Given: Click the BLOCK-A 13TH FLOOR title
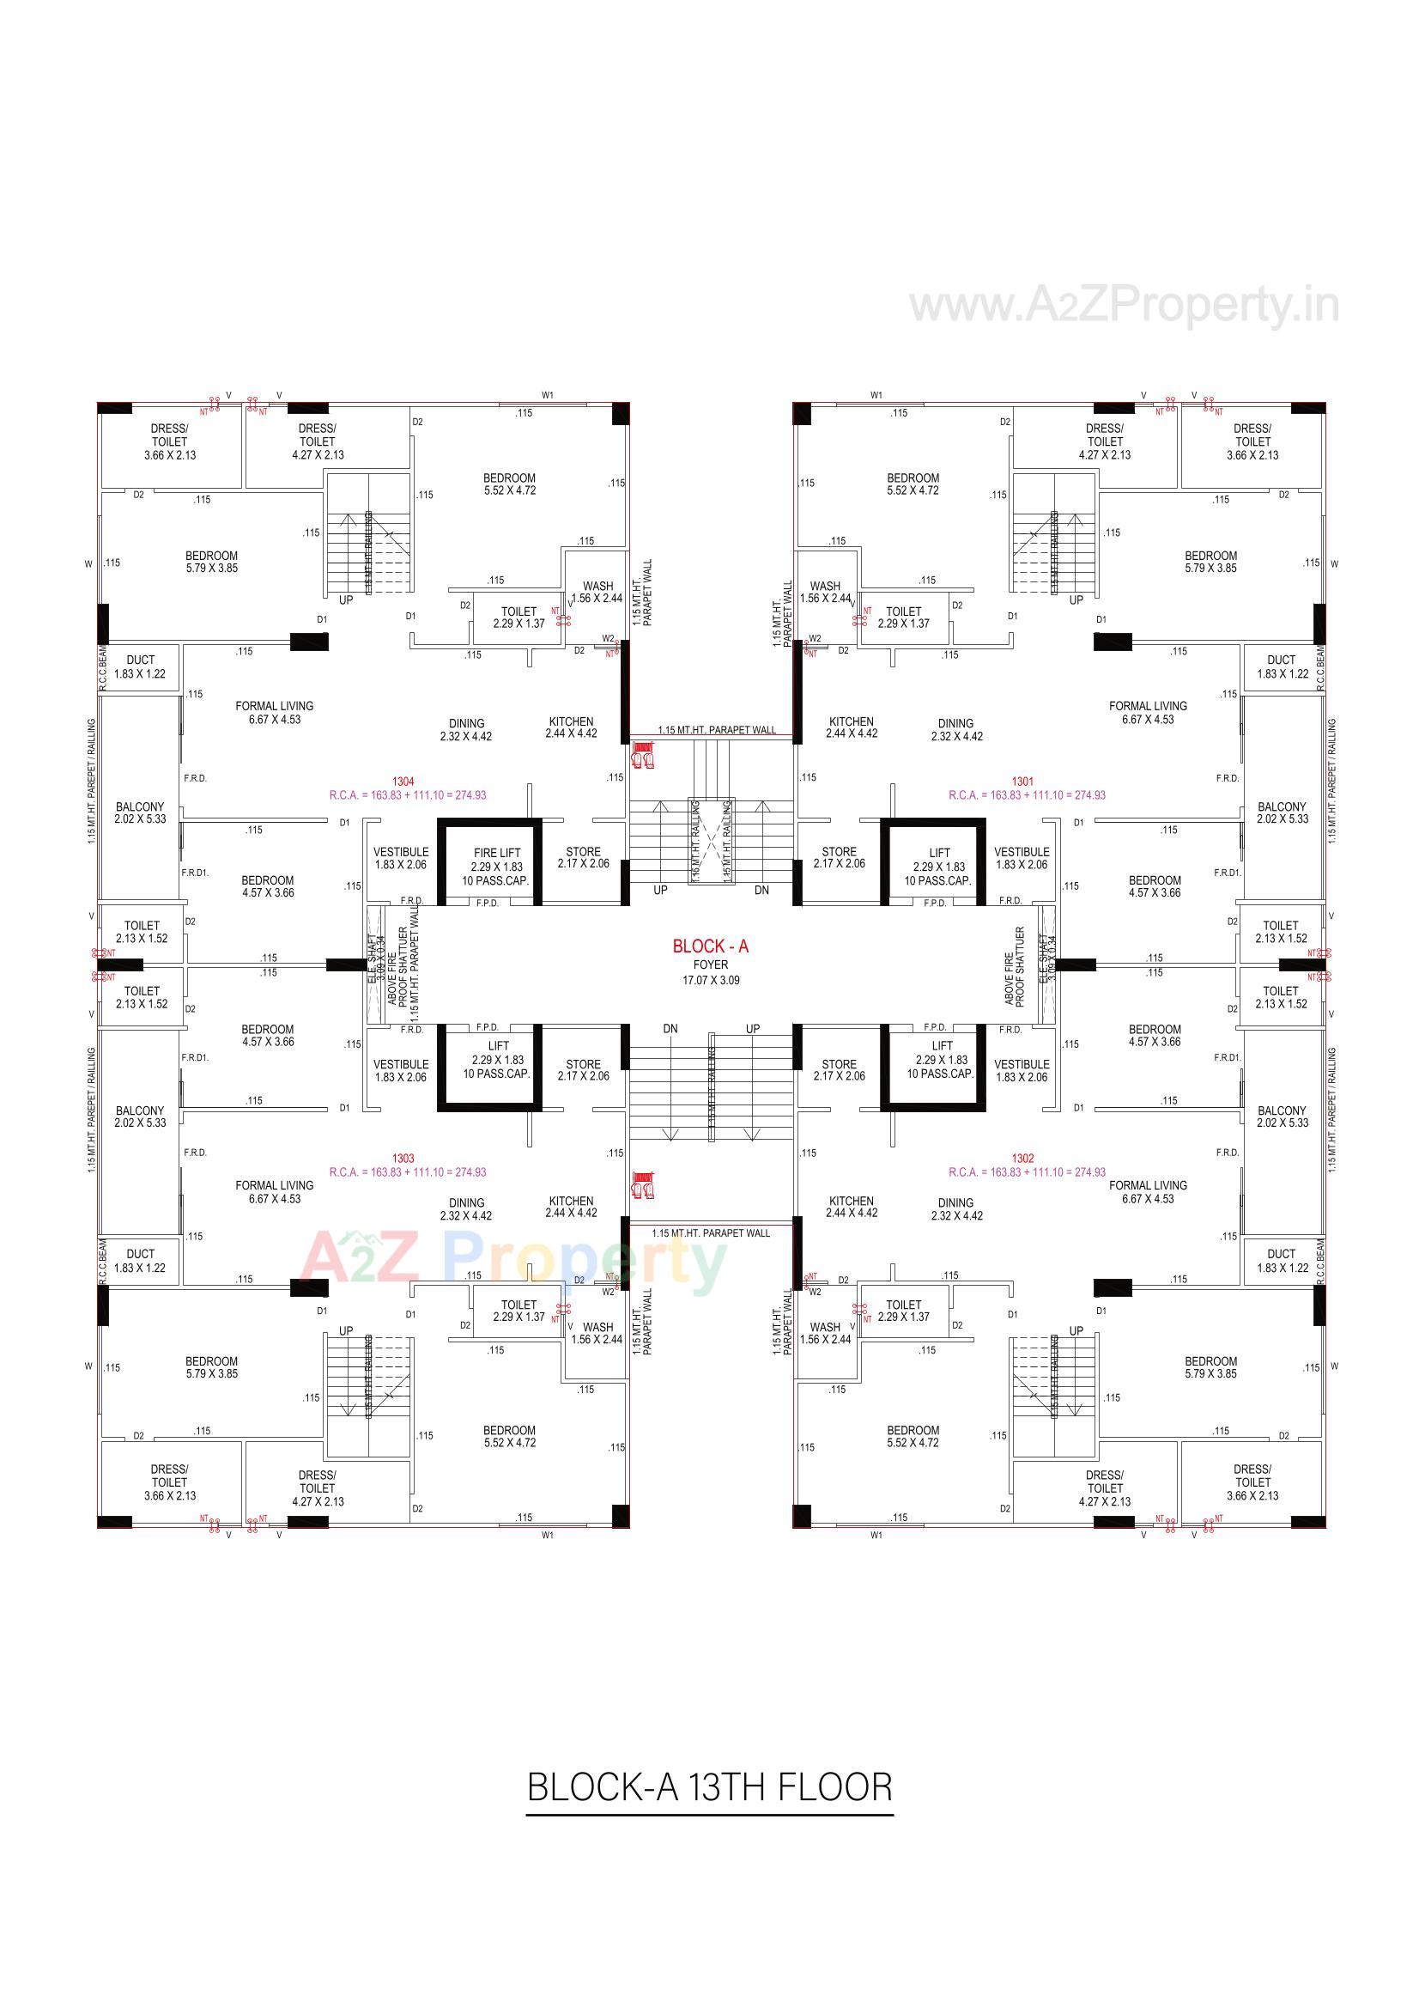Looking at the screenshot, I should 709,1786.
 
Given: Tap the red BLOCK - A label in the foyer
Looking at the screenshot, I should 710,946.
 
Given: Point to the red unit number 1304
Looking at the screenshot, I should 403,782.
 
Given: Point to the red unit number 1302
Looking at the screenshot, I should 1023,1159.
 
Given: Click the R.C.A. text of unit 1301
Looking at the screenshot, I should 1027,796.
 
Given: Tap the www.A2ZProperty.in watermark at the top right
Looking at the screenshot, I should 1124,306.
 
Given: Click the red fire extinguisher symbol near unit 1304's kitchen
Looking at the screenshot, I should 644,755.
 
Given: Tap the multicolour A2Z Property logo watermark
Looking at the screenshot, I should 514,1262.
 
